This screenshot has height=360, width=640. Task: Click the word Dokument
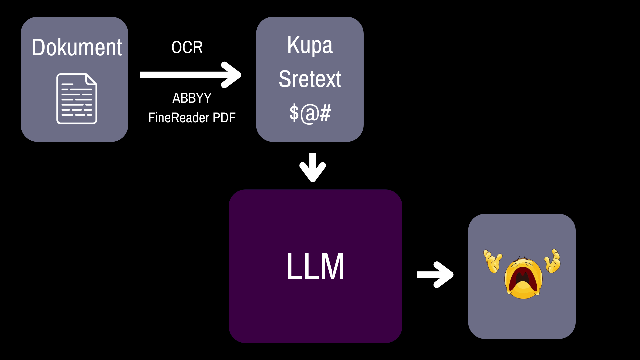77,47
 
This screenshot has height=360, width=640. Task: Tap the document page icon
77,99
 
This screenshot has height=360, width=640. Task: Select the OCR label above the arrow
187,47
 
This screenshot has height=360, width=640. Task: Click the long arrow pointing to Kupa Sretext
190,75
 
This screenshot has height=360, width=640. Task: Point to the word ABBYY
192,98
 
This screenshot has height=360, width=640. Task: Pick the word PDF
224,118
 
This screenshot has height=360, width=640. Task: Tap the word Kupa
310,46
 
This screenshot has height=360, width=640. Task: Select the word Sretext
310,79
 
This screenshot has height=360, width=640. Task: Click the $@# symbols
310,113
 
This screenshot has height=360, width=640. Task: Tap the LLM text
315,266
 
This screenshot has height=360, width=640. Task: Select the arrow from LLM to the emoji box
435,275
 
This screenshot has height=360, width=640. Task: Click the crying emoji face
523,278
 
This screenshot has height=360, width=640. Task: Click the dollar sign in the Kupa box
294,113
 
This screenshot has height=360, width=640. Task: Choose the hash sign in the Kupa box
325,113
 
